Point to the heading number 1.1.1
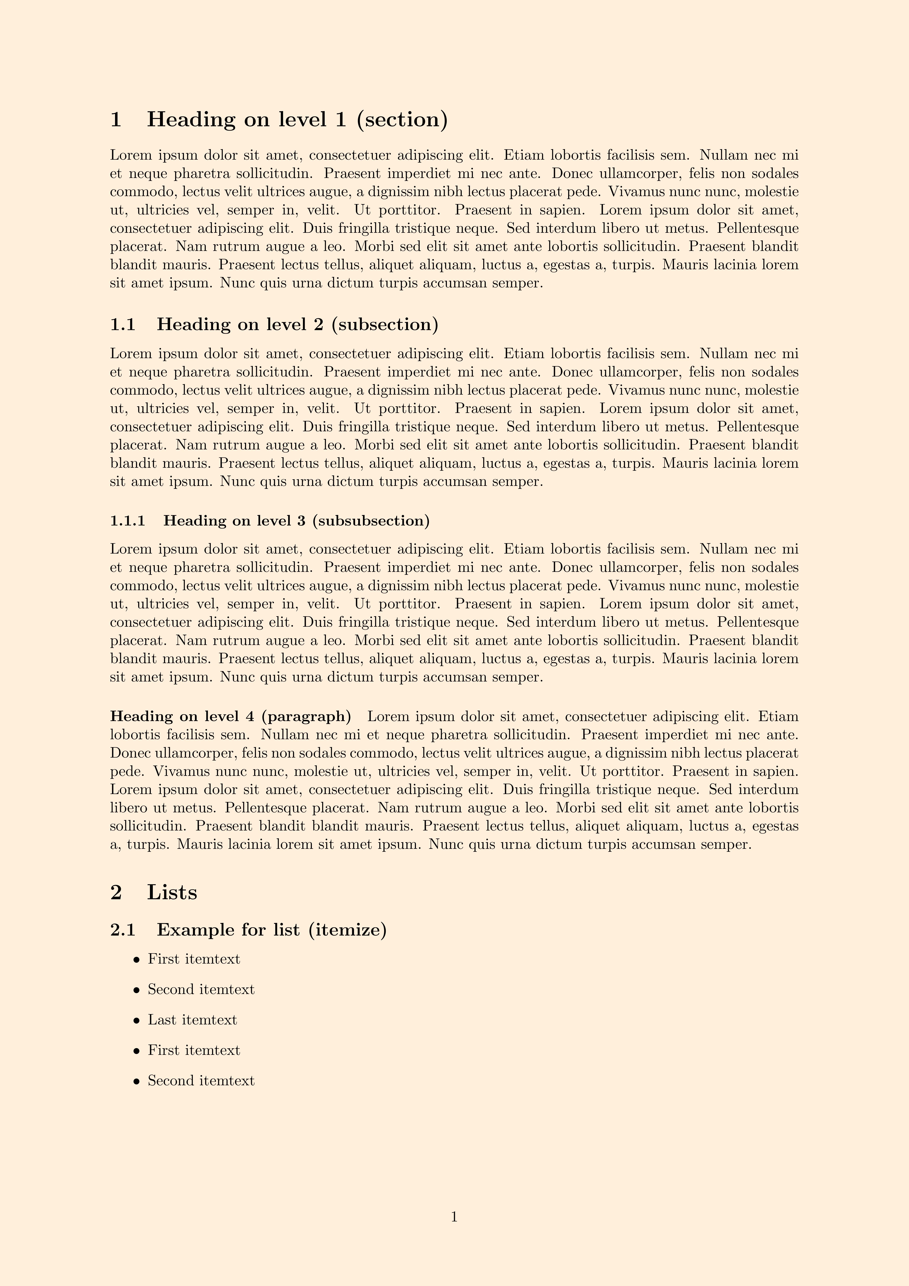click(128, 521)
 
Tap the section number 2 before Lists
click(116, 892)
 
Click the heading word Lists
click(172, 892)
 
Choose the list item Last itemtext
click(192, 1020)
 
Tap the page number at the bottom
click(454, 1217)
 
